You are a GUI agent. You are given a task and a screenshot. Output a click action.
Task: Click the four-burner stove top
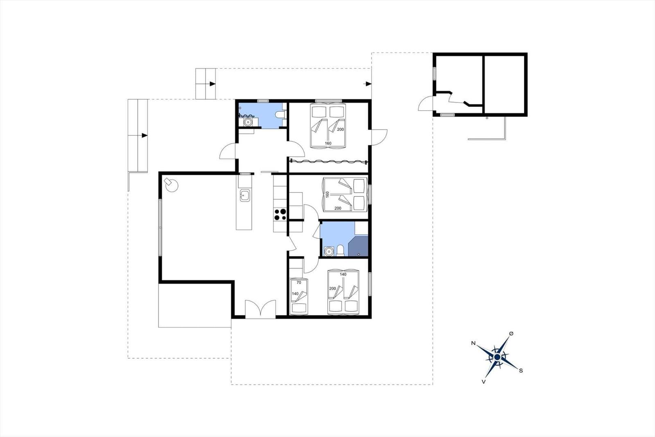click(280, 214)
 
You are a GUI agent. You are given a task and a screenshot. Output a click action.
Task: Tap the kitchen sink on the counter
click(245, 196)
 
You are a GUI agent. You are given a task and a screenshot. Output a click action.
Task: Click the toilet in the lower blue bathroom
click(340, 251)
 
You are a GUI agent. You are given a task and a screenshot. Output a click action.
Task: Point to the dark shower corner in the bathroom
click(358, 247)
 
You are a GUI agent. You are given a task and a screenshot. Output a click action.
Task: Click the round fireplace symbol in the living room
click(171, 184)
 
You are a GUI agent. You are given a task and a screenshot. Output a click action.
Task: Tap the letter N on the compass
click(473, 343)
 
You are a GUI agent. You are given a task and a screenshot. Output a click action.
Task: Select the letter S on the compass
click(521, 371)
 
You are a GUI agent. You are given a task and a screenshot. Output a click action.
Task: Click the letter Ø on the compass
click(511, 334)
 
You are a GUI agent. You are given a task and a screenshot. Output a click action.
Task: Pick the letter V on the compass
click(483, 382)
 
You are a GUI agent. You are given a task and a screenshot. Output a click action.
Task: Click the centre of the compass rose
click(497, 357)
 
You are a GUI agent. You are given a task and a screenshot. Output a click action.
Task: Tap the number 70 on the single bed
click(298, 282)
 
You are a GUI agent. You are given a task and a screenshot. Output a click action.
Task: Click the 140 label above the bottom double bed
click(343, 274)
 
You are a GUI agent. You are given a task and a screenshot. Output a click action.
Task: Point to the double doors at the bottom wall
click(260, 309)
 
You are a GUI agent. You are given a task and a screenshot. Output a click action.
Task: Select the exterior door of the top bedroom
click(379, 137)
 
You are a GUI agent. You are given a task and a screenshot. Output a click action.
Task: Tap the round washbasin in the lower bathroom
click(329, 251)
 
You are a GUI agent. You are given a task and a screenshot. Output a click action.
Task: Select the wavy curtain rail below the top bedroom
click(328, 162)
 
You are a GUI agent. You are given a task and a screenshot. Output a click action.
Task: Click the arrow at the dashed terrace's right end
click(368, 84)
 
